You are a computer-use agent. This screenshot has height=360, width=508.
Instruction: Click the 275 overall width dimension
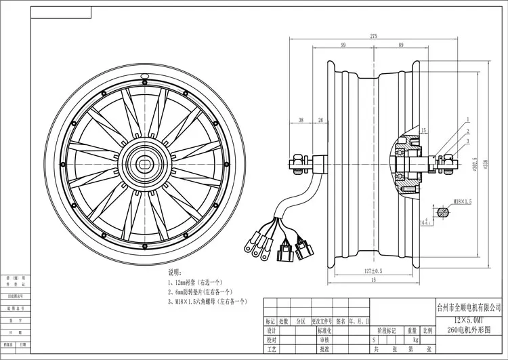point(373,35)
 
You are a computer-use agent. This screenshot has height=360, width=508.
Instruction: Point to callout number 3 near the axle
point(467,141)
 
